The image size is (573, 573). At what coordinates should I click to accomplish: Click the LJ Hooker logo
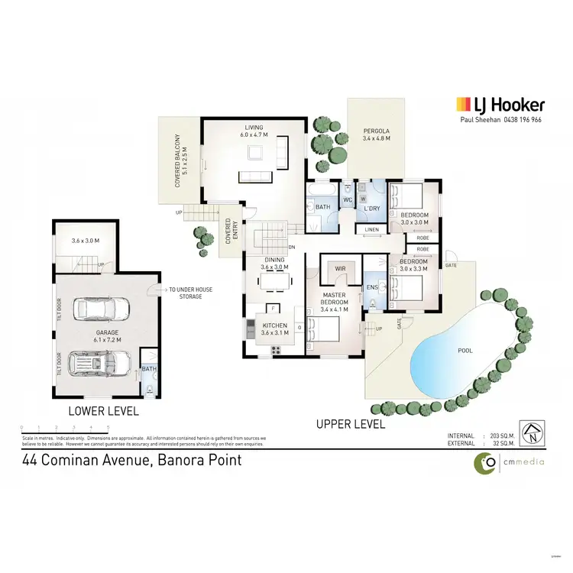click(x=500, y=105)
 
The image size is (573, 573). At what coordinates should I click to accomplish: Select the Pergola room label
click(x=376, y=134)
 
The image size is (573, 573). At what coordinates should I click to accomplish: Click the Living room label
click(x=254, y=131)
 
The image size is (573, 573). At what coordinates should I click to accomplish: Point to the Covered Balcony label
click(x=180, y=161)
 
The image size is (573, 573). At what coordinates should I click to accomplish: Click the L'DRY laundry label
click(x=372, y=208)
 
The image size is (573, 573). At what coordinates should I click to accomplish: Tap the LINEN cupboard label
click(x=371, y=229)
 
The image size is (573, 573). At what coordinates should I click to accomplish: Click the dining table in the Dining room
click(x=274, y=281)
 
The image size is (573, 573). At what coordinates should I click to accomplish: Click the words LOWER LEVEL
click(x=104, y=410)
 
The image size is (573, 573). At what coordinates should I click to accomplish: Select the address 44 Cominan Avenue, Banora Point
click(x=132, y=460)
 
